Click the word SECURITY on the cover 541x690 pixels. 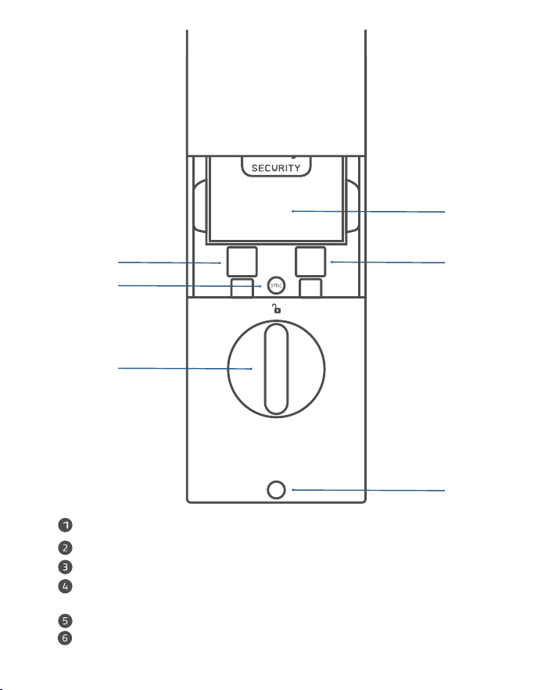click(x=276, y=168)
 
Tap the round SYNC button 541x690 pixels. click(x=276, y=285)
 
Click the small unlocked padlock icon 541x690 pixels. click(x=276, y=309)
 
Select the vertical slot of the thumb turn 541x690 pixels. click(x=276, y=369)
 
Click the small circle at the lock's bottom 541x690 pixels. click(x=276, y=490)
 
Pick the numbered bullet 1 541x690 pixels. click(x=65, y=525)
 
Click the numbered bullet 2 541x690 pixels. click(x=65, y=548)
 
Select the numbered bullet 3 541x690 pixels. click(x=65, y=567)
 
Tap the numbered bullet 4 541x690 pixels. click(x=65, y=586)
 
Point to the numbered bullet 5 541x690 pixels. click(x=65, y=621)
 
